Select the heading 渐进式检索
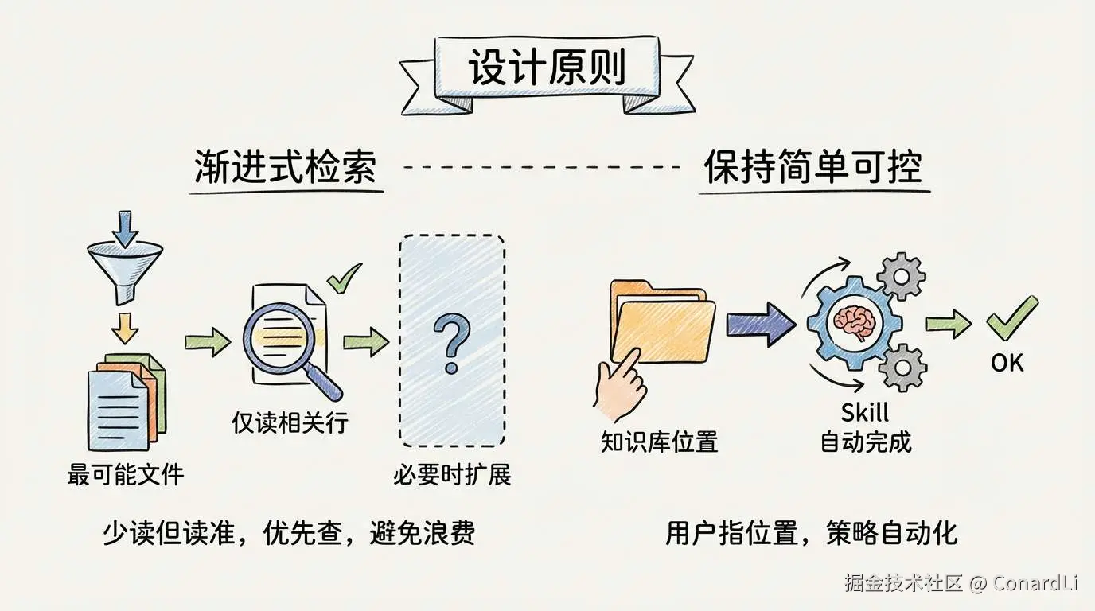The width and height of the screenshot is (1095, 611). click(x=285, y=168)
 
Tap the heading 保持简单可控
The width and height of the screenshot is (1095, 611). click(x=812, y=168)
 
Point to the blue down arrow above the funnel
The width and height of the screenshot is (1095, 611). click(x=124, y=227)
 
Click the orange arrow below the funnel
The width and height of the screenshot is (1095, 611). click(x=124, y=326)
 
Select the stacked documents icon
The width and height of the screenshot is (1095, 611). click(x=124, y=402)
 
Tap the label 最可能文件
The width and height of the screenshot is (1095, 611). click(x=126, y=475)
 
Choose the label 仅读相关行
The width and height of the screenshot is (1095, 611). click(x=290, y=422)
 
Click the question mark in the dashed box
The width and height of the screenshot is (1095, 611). click(x=451, y=342)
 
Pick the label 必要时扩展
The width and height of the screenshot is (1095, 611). click(x=451, y=475)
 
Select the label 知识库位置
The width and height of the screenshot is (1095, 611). click(x=659, y=442)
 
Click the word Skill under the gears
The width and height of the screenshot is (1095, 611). click(x=865, y=413)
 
